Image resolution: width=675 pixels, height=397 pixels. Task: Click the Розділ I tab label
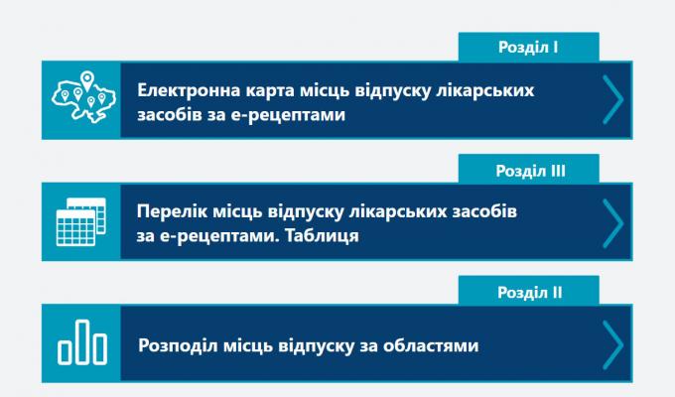point(529,46)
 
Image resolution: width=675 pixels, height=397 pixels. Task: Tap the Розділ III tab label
point(529,170)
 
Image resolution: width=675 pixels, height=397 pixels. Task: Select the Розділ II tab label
point(529,293)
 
